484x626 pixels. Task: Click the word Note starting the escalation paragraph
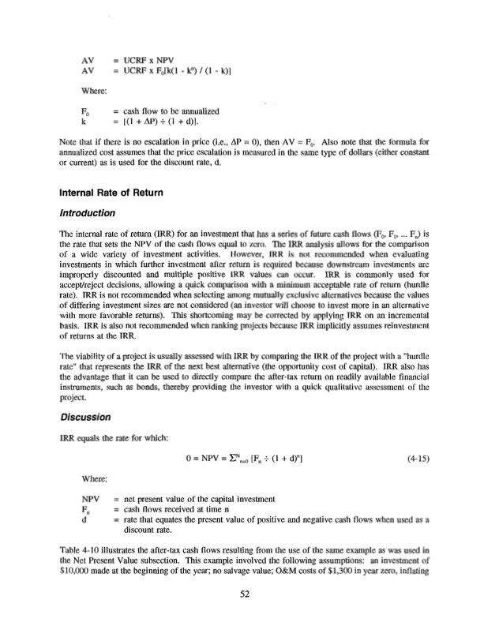tap(69, 144)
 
